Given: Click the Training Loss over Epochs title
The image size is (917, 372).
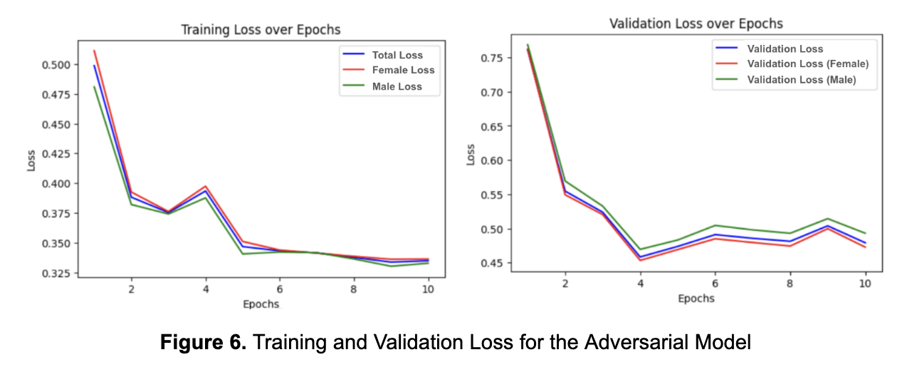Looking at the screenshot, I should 261,30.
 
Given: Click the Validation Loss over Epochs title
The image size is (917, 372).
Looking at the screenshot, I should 696,24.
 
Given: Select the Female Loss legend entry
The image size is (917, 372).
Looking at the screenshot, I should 403,71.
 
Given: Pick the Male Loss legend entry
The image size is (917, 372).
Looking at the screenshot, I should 397,86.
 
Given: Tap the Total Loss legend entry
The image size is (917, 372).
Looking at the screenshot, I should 397,55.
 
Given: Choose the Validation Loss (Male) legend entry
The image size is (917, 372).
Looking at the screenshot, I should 801,80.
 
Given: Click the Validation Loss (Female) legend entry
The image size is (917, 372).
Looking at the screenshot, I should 807,64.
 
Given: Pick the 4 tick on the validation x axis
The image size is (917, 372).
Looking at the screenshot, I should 640,283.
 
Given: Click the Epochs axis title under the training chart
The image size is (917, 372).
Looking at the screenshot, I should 261,304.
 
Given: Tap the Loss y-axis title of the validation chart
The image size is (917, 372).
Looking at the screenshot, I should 471,155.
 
